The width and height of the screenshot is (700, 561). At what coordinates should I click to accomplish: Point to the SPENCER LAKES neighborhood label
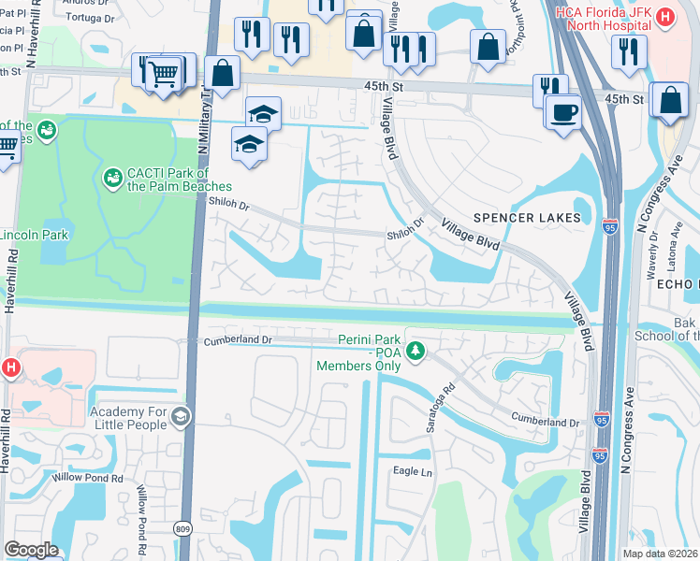[526, 218]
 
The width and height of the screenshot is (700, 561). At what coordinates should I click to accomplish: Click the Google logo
[31, 550]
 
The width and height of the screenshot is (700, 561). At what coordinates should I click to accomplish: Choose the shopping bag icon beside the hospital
[670, 100]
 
